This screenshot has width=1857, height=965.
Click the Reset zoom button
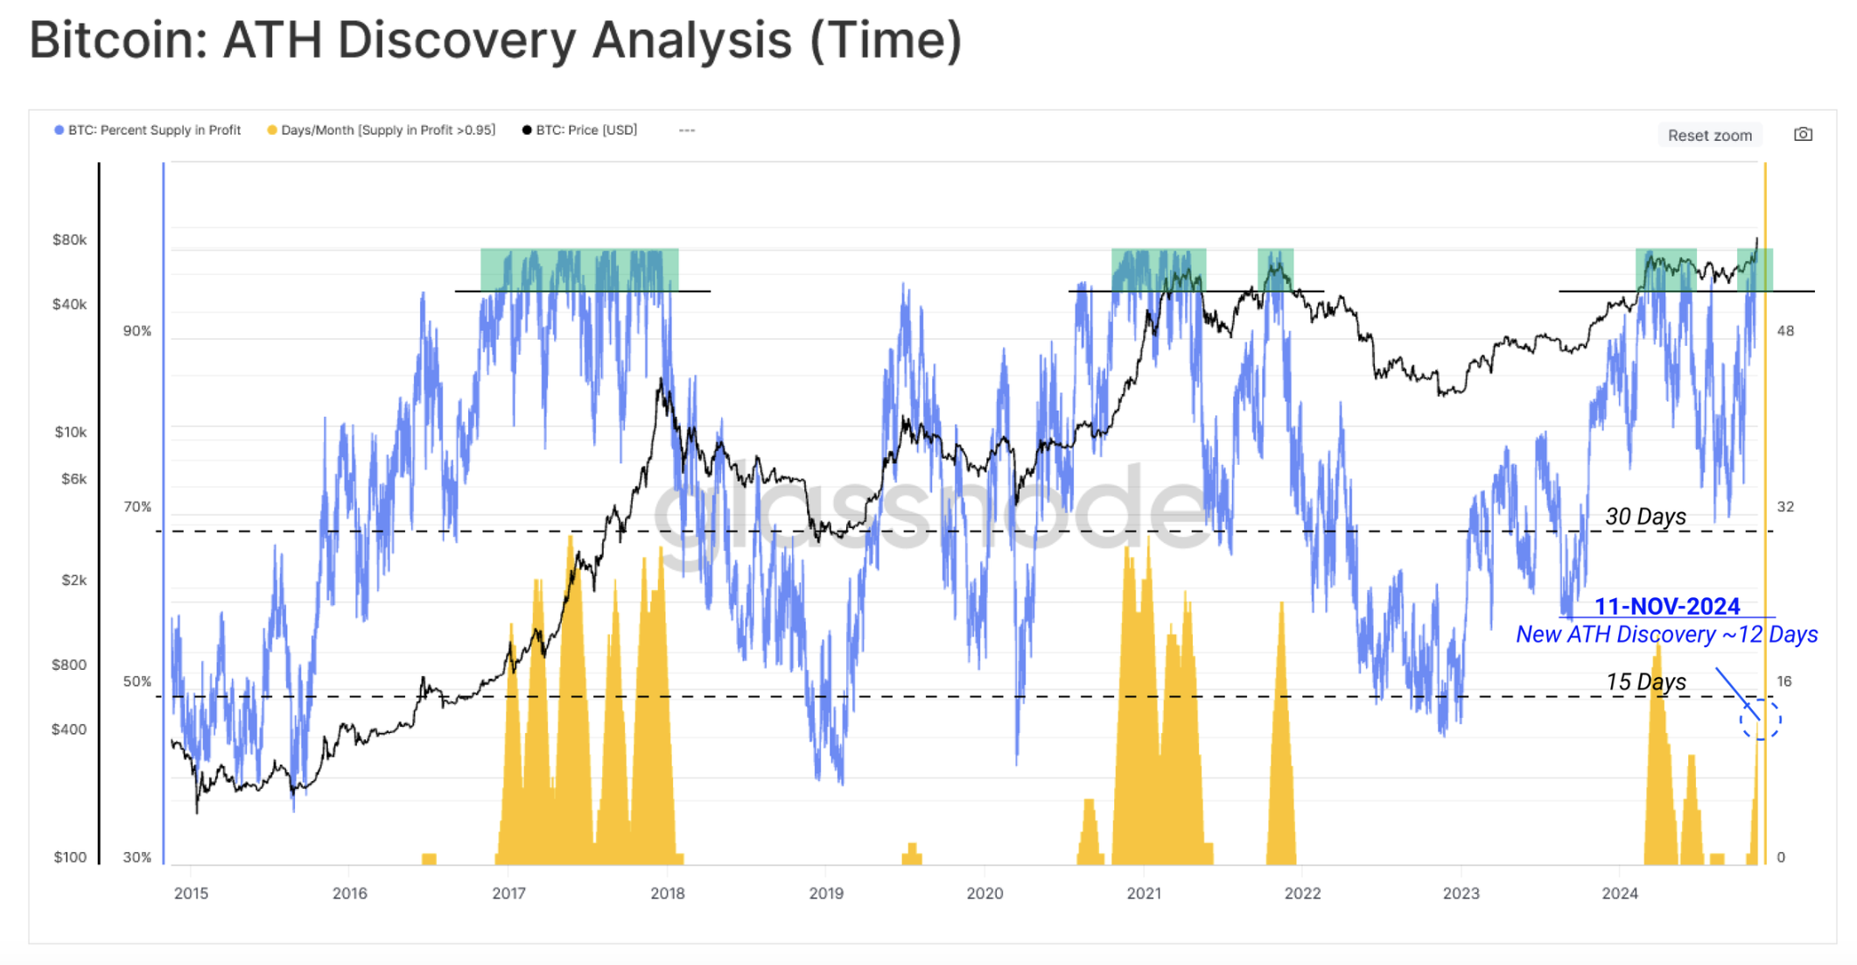click(x=1709, y=135)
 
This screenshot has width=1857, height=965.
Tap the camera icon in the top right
click(x=1803, y=134)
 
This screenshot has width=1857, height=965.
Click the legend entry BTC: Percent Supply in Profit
click(x=148, y=130)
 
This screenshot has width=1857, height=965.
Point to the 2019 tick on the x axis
click(x=825, y=893)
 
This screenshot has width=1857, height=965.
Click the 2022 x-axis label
click(x=1302, y=893)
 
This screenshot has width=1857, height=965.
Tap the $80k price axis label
click(x=69, y=240)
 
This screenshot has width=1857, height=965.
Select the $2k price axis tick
click(x=74, y=580)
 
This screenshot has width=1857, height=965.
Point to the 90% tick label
click(x=137, y=331)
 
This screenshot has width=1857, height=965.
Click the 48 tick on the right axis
click(x=1785, y=331)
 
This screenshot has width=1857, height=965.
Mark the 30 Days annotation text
click(x=1645, y=517)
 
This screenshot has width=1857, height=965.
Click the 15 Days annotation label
click(x=1645, y=681)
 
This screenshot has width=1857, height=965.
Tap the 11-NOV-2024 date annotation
click(x=1666, y=606)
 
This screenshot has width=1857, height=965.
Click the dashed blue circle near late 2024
click(x=1760, y=720)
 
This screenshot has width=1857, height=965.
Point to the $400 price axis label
click(x=69, y=729)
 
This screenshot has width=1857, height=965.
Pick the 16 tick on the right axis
click(x=1784, y=681)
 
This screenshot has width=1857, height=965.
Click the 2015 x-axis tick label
click(x=191, y=893)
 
